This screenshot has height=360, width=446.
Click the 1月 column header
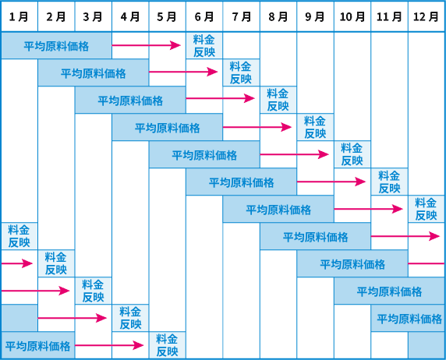[x=19, y=16]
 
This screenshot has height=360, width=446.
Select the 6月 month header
[x=204, y=16]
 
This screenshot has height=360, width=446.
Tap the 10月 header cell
[x=352, y=16]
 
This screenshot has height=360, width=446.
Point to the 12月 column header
[x=426, y=16]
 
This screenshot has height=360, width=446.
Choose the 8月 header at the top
[x=278, y=16]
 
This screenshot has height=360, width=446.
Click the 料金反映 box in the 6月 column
[x=204, y=45]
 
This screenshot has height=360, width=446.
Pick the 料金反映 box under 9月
[x=315, y=127]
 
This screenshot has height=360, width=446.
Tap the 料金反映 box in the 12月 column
[x=426, y=209]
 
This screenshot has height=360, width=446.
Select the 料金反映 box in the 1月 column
[x=19, y=236]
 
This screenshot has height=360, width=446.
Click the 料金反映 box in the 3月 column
[x=94, y=291]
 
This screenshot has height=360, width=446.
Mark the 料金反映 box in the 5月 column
[x=167, y=345]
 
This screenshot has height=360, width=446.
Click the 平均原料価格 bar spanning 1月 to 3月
[x=56, y=45]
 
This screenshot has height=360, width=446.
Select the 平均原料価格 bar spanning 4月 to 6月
[x=167, y=127]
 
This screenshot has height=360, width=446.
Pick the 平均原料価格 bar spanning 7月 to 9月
[x=278, y=209]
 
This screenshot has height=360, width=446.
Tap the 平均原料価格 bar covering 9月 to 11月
[x=352, y=263]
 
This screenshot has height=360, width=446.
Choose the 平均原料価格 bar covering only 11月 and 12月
[x=408, y=318]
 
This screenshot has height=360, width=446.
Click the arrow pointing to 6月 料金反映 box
[x=147, y=45]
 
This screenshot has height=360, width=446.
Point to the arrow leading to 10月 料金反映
[x=295, y=154]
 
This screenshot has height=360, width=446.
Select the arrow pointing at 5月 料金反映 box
[x=109, y=345]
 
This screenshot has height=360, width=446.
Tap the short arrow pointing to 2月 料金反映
[x=17, y=263]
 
